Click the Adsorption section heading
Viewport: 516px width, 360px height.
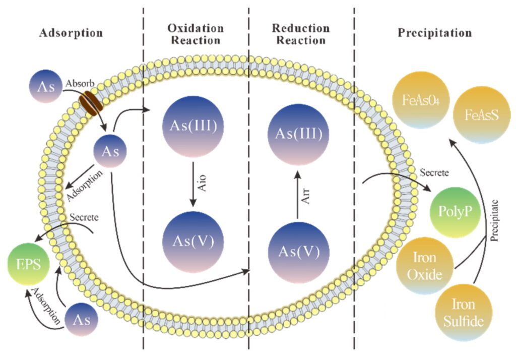coord(71,34)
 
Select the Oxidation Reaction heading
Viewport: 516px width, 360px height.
coord(196,34)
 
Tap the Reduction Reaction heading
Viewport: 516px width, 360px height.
coord(301,34)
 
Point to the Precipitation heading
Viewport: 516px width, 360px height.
coord(435,34)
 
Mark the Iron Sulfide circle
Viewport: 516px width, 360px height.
coord(462,312)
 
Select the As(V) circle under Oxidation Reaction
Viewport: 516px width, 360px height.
coord(193,239)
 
